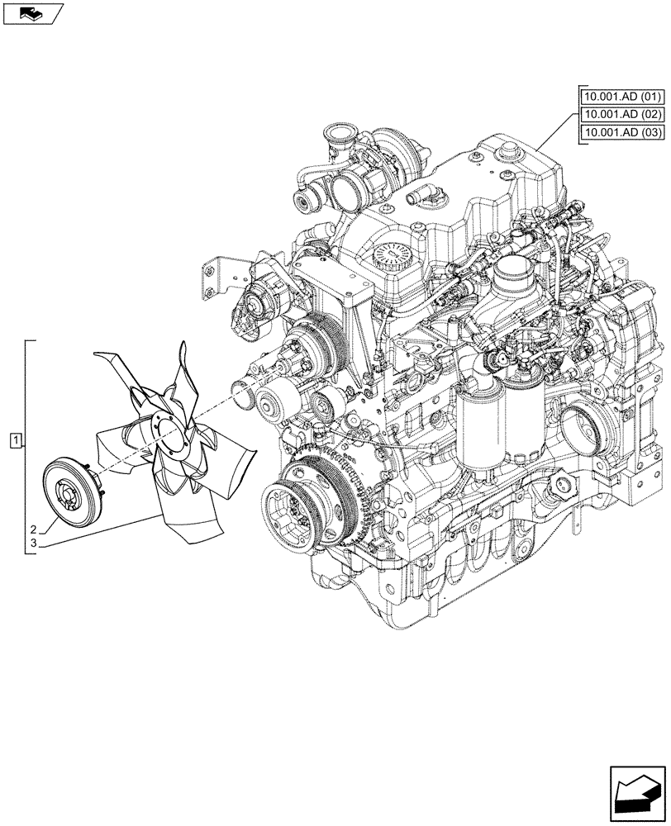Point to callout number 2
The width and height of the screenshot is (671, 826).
tap(33, 529)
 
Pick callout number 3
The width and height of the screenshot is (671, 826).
tap(33, 544)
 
